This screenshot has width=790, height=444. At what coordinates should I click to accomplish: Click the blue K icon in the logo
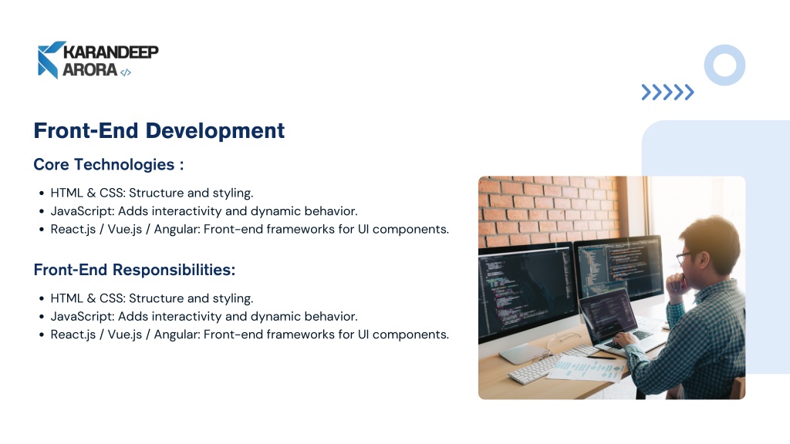(50, 60)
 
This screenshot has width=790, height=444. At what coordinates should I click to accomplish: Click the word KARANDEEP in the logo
(111, 52)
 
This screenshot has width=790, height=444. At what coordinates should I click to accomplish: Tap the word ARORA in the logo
(89, 69)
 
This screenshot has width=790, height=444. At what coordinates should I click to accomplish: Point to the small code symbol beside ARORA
(126, 72)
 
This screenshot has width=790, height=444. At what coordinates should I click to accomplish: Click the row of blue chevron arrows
(667, 92)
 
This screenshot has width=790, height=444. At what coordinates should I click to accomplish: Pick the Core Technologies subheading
(108, 165)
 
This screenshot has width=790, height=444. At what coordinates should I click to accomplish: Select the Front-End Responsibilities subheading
(134, 270)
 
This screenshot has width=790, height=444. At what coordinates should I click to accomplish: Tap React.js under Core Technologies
(73, 230)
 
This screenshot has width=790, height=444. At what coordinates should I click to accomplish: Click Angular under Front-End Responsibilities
(177, 335)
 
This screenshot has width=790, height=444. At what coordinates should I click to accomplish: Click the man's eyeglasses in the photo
(686, 257)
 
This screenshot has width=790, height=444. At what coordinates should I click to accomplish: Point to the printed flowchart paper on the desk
(587, 368)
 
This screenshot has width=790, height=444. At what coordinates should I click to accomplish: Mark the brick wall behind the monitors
(549, 209)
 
